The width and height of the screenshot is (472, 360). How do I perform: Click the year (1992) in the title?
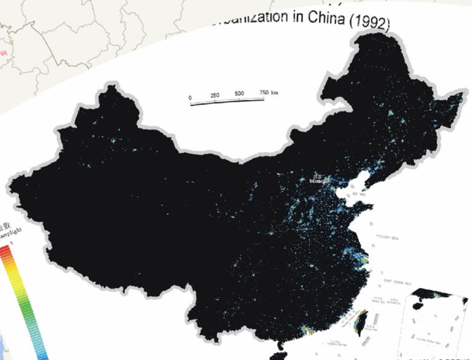370,23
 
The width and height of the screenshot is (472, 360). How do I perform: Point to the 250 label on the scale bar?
215,96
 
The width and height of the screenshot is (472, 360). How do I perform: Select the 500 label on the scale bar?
239,94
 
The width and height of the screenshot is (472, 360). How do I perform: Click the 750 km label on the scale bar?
268,92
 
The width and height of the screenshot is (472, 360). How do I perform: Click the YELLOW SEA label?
387,235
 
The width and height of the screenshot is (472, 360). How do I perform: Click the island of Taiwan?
361,320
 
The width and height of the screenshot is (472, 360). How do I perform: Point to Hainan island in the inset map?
423,305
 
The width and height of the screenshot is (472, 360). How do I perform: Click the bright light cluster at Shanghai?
363,261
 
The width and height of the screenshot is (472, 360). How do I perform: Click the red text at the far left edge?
3,53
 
